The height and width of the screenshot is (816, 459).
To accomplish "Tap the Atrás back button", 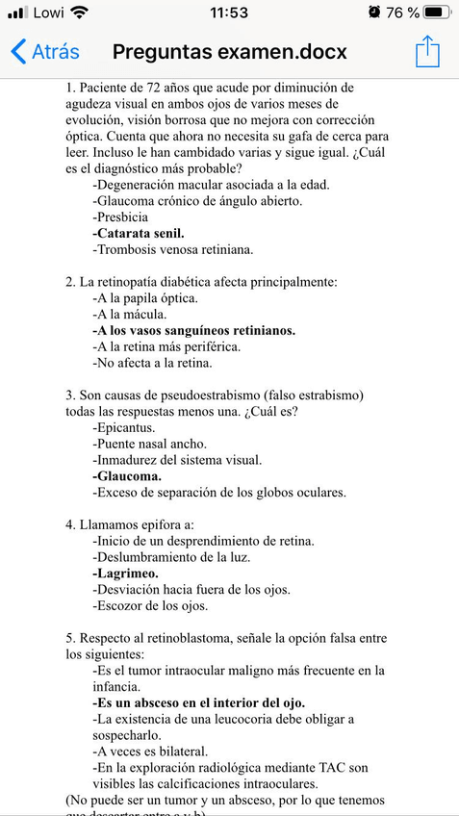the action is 45,52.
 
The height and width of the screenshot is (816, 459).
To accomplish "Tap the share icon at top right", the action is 427,52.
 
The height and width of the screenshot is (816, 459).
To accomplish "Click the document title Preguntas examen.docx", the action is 230,52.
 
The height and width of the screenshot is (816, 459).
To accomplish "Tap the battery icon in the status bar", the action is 438,13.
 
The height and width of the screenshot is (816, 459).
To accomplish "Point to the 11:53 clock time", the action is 228,13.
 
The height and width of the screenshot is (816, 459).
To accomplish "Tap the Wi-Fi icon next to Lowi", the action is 79,13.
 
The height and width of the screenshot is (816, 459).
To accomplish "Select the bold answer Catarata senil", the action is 139,233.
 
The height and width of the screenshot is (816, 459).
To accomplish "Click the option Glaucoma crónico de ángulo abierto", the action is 197,200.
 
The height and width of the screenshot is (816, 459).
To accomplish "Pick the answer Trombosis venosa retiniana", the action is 173,249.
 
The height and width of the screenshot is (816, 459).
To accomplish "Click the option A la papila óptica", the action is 145,297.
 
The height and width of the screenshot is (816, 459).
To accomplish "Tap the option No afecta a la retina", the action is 152,363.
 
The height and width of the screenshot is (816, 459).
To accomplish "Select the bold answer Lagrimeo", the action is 126,574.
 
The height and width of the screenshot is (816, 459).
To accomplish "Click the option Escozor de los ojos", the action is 150,606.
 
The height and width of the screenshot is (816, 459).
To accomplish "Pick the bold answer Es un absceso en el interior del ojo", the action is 199,703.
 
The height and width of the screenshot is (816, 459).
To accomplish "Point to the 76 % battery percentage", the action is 403,13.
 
